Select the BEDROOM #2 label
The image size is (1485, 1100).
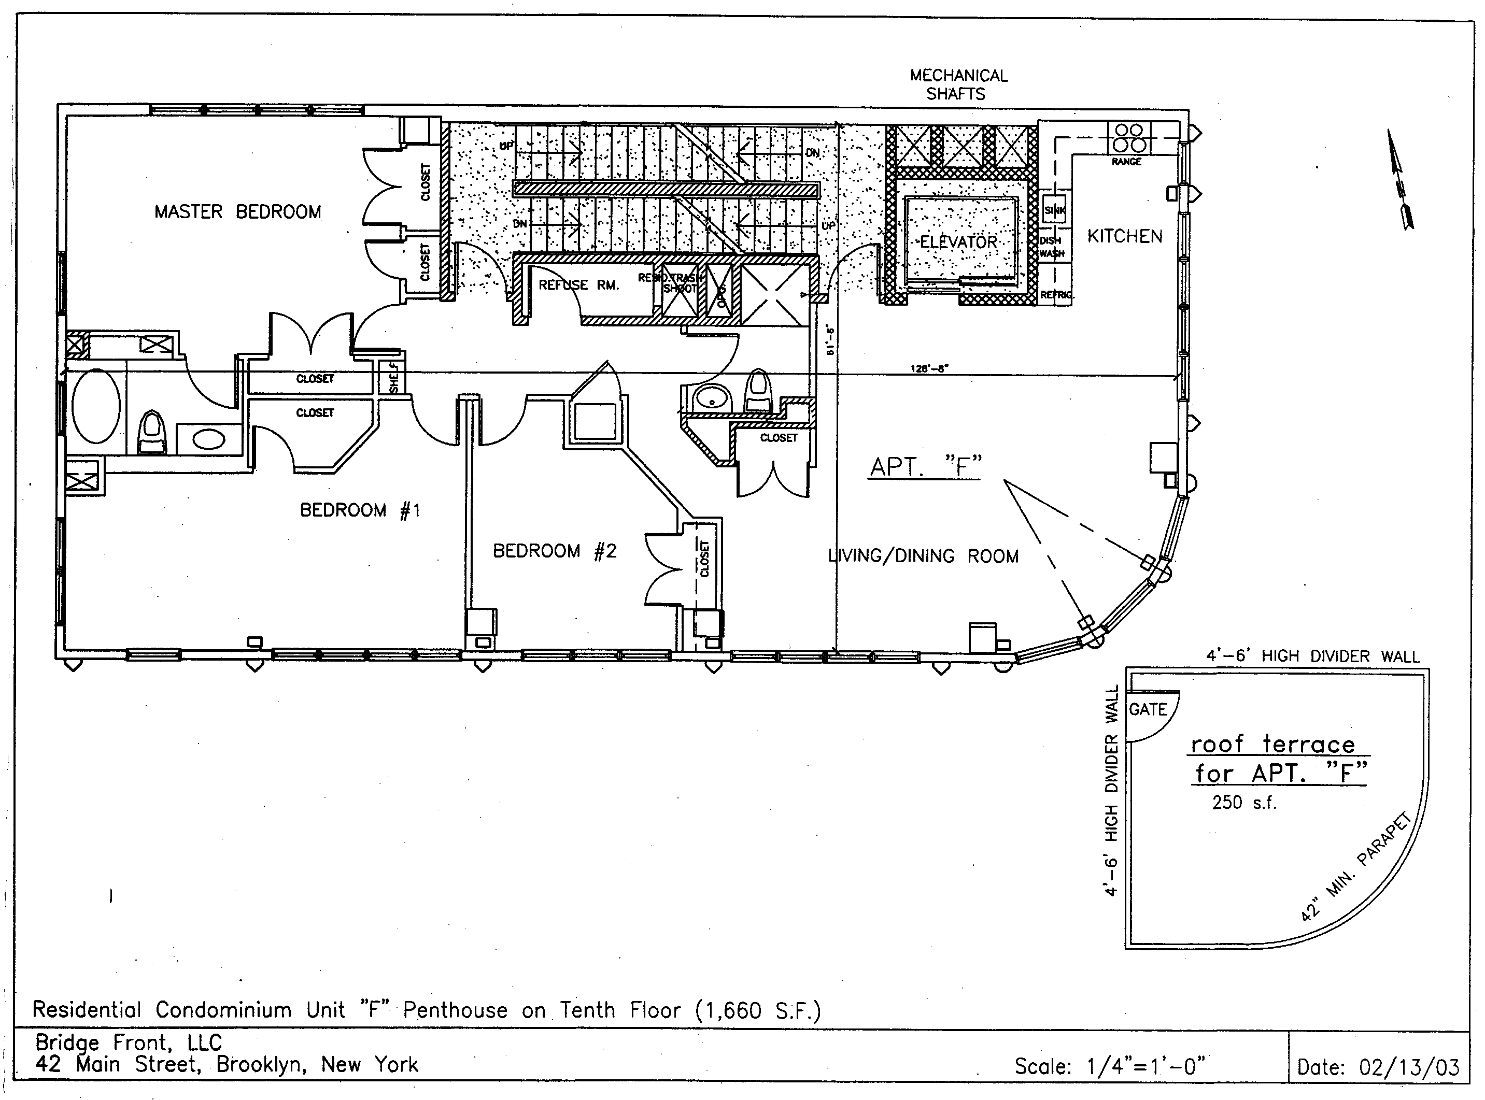pyautogui.click(x=554, y=551)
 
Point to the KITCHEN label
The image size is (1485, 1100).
pyautogui.click(x=1125, y=236)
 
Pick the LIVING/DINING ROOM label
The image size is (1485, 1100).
pyautogui.click(x=923, y=556)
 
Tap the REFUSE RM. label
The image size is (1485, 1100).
pyautogui.click(x=578, y=285)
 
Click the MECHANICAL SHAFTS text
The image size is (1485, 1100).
pyautogui.click(x=958, y=84)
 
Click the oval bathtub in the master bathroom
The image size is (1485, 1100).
pyautogui.click(x=96, y=406)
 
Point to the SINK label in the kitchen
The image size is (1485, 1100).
pyautogui.click(x=1054, y=210)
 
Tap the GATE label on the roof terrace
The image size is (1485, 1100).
pyautogui.click(x=1148, y=710)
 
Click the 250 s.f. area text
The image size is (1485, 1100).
pyautogui.click(x=1243, y=803)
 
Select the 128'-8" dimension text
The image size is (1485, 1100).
pyautogui.click(x=929, y=367)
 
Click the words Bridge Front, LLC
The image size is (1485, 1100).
pyautogui.click(x=128, y=1042)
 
